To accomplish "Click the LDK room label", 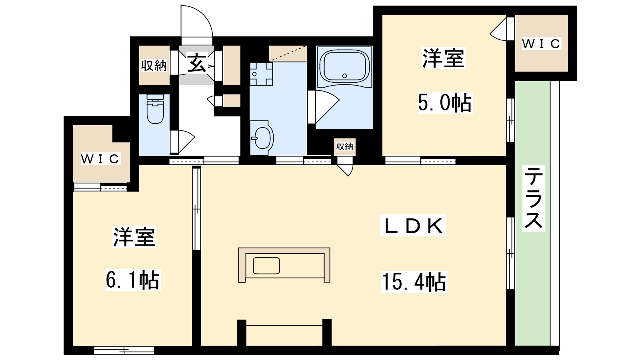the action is [x=413, y=226].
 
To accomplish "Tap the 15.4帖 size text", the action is [x=414, y=282].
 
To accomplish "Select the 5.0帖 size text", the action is [x=445, y=102].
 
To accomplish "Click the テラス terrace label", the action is [x=534, y=198].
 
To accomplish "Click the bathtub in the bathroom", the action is [x=344, y=66].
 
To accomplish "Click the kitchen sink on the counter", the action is [x=266, y=266].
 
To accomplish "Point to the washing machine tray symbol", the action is [x=261, y=74].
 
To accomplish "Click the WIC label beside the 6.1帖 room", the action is [x=100, y=159].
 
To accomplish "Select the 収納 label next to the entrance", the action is [x=154, y=66].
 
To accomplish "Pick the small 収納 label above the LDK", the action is [x=344, y=146].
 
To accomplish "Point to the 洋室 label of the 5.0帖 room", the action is [x=444, y=58].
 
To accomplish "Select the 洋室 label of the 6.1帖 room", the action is [x=134, y=236].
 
